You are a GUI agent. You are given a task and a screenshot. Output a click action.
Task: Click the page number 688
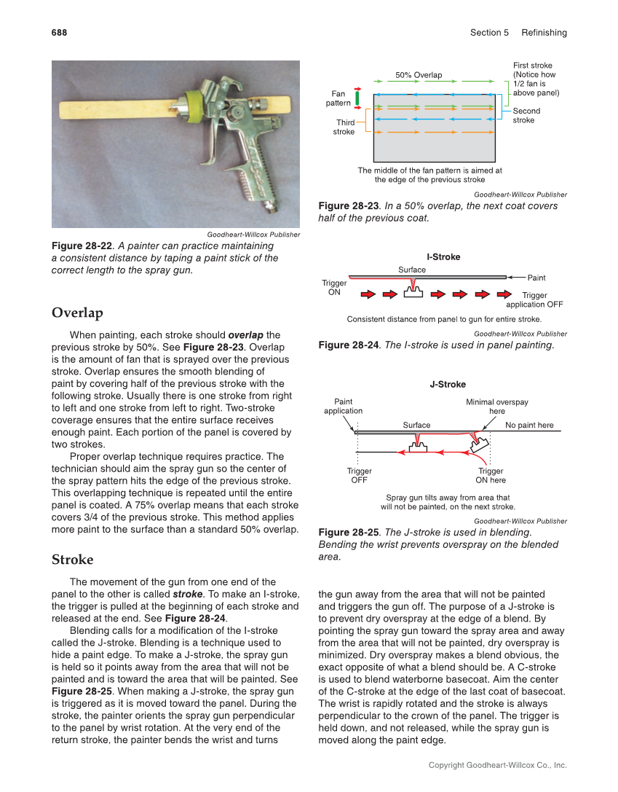(x=59, y=33)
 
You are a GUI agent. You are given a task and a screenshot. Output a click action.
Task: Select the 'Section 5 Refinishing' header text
(x=518, y=33)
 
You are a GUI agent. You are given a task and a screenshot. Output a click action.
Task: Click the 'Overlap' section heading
(x=77, y=313)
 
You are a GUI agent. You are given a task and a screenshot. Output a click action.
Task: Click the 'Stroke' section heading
(x=73, y=560)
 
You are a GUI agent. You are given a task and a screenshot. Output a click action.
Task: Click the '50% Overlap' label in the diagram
(x=419, y=75)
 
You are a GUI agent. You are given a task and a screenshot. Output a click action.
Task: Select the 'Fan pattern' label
(x=338, y=98)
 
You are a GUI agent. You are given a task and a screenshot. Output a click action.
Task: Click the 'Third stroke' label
(x=344, y=128)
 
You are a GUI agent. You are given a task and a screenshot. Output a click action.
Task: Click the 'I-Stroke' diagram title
(x=443, y=257)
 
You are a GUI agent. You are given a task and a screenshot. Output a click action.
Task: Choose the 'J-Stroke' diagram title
(x=448, y=385)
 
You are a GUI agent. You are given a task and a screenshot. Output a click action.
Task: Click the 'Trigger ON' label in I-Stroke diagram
(x=334, y=287)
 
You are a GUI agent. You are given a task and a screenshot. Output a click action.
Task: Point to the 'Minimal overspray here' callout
(x=497, y=407)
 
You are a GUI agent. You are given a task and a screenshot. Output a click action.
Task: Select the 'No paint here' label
(x=529, y=425)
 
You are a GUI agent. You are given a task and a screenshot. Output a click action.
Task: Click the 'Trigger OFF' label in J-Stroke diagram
(x=359, y=476)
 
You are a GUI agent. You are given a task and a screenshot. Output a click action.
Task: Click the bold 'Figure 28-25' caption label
(x=349, y=533)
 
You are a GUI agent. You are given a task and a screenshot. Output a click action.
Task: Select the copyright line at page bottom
(x=497, y=765)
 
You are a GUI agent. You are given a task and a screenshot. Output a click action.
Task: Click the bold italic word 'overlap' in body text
(x=246, y=335)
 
